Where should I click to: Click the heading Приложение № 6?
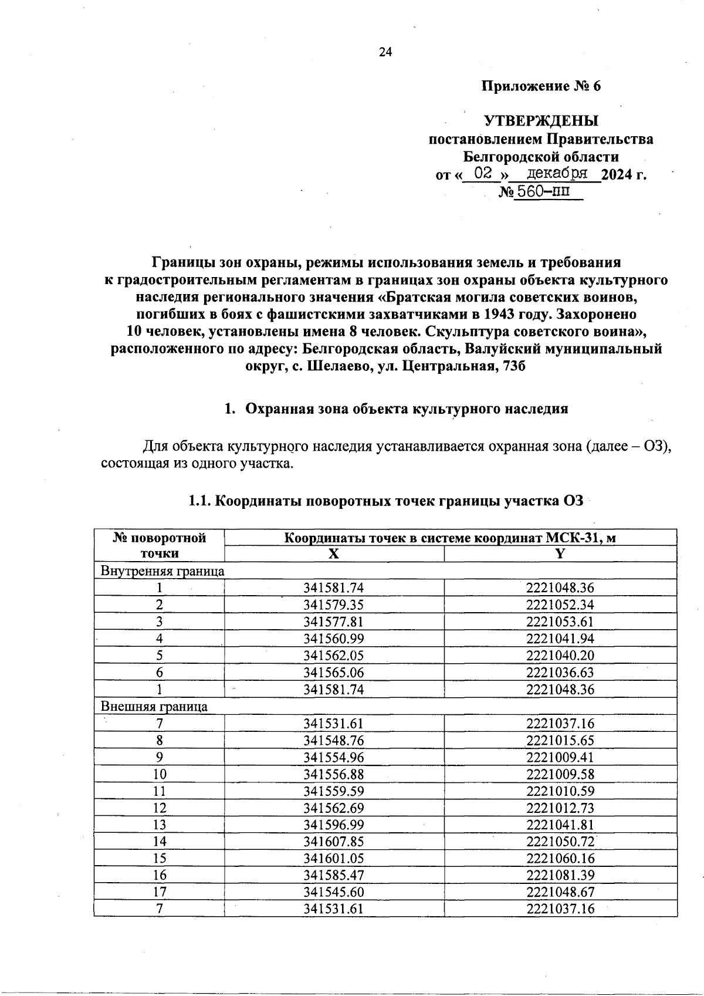(x=541, y=87)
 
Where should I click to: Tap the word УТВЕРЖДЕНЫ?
(x=540, y=121)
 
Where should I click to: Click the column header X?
(x=333, y=554)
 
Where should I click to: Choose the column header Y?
(x=560, y=554)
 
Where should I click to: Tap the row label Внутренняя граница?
(x=163, y=571)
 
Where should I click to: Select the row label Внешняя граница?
(x=154, y=707)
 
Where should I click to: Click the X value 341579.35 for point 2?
(x=333, y=605)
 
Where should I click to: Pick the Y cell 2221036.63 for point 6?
(x=560, y=673)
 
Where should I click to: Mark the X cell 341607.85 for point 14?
(x=333, y=842)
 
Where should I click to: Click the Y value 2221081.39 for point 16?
(x=560, y=876)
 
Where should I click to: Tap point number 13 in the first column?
(x=159, y=825)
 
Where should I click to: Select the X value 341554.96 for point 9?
(x=333, y=757)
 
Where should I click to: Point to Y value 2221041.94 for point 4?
(x=560, y=639)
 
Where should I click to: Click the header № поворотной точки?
(x=159, y=545)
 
